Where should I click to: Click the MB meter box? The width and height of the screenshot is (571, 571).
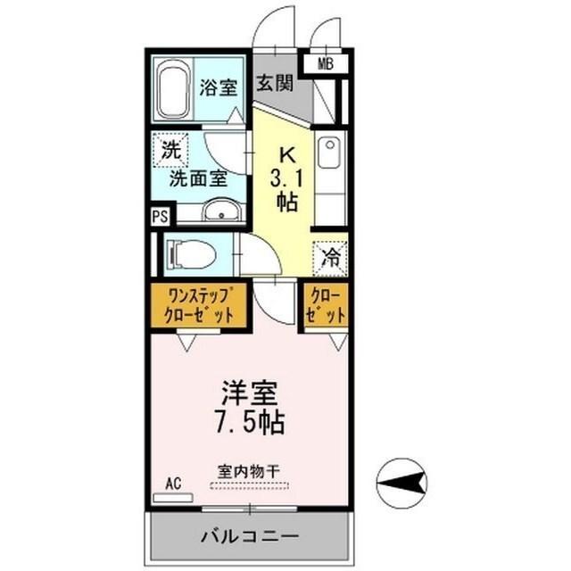point(327,63)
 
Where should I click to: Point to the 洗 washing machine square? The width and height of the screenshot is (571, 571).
point(170,149)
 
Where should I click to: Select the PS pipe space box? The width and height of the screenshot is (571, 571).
point(160,216)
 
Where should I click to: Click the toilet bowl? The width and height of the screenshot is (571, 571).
point(191,255)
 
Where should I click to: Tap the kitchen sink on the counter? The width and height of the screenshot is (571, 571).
point(327,153)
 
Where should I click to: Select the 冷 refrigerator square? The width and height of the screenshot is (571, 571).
point(330,258)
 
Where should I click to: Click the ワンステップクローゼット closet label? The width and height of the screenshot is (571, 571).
point(200,306)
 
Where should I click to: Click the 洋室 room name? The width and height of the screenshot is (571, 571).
point(249,393)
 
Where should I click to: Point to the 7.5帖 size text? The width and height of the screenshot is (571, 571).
point(249,421)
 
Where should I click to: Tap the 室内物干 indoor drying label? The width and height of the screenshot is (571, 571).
point(249,471)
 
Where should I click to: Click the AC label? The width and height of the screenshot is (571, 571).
point(173,483)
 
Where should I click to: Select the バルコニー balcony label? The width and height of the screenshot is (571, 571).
point(249,538)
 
